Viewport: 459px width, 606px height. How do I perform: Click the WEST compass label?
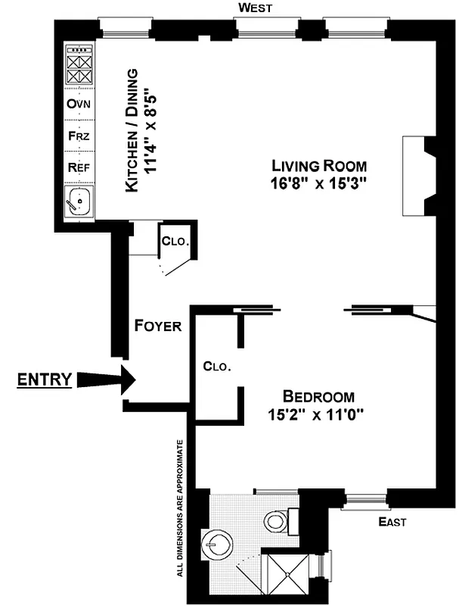tap(255, 8)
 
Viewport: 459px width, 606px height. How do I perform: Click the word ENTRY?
tap(45, 380)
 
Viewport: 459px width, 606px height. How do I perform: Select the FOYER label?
tap(157, 326)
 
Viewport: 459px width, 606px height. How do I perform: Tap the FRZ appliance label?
tap(79, 137)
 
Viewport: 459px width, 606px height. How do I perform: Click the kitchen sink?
tap(78, 202)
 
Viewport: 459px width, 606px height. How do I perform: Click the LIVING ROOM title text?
tap(319, 166)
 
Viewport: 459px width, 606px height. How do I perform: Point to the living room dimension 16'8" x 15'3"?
tap(319, 185)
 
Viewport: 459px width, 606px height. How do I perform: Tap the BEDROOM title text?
tap(318, 396)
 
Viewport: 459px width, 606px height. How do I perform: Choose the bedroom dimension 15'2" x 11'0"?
tap(316, 415)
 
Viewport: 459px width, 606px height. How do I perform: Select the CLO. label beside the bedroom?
tap(217, 366)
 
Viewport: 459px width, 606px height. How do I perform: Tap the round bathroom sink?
tap(216, 542)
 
